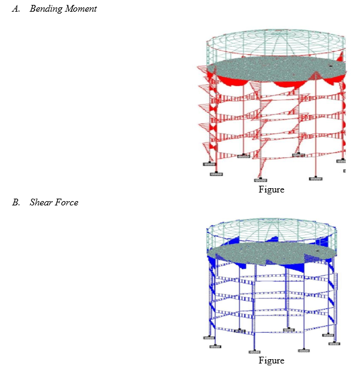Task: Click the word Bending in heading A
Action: coord(46,9)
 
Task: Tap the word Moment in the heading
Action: coord(81,9)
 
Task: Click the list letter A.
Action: coord(16,9)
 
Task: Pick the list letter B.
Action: coord(16,202)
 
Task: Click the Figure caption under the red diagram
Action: coord(271,189)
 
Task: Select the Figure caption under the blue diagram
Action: coord(271,360)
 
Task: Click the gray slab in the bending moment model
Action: coord(277,69)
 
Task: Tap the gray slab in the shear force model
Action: coord(272,253)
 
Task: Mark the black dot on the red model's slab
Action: coord(330,66)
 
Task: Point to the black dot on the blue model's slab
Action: coord(318,251)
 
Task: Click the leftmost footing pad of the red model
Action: coord(209,164)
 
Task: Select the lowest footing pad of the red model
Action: coord(260,180)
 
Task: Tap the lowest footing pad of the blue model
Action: coord(254,352)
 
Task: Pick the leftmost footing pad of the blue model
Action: coord(209,338)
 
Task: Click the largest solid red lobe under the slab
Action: coord(233,81)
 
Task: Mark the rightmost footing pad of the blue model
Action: coord(334,344)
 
